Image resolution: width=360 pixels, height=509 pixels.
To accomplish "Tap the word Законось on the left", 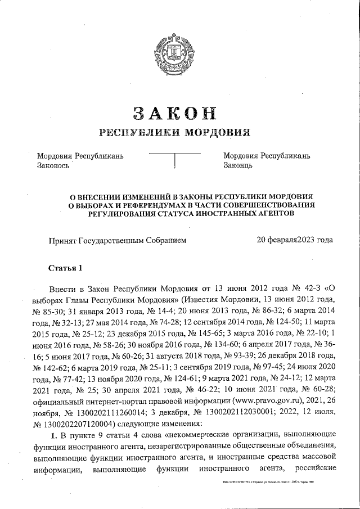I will click(53, 166).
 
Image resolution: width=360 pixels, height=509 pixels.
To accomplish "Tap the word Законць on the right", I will click(238, 166).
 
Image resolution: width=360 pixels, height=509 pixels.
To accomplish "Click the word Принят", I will click(64, 240).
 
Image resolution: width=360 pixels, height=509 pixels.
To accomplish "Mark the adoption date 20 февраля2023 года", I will click(294, 240).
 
